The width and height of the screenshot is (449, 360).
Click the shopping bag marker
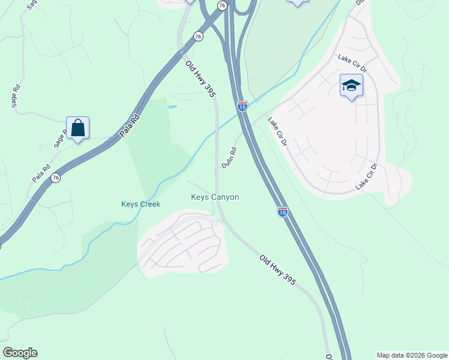pos(78,127)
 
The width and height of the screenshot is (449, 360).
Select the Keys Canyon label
pos(215,197)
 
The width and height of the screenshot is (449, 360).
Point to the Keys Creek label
pos(141,204)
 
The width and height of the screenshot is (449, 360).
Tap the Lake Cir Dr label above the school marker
pos(352,62)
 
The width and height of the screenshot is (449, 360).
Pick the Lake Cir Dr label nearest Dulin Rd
pos(278,131)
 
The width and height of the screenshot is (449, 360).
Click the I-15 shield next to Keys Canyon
pos(282,211)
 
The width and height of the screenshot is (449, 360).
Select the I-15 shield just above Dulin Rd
pos(242,106)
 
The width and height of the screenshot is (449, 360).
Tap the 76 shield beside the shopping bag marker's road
pos(56,178)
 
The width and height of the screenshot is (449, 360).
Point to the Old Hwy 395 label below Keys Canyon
pos(277,269)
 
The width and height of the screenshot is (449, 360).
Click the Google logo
pos(20,353)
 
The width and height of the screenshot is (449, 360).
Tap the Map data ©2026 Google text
pos(411,355)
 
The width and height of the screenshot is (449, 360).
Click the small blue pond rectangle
pos(173,107)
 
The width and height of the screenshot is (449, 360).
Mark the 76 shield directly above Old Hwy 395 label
pos(199,37)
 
